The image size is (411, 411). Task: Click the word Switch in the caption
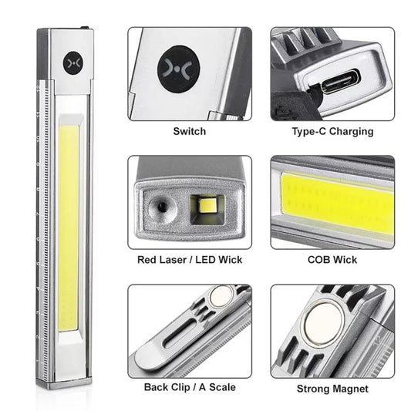[x=190, y=131]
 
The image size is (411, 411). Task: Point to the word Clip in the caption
[x=181, y=387]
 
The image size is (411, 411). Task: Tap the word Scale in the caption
[x=222, y=387]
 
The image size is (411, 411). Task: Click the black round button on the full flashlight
[x=73, y=63]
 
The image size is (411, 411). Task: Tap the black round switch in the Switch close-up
[x=178, y=69]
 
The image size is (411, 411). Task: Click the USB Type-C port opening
[x=341, y=81]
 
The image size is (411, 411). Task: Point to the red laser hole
[x=161, y=208]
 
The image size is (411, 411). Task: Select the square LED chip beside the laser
[x=207, y=206]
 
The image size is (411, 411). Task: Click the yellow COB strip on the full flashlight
[x=69, y=228]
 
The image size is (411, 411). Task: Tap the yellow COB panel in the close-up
[x=338, y=202]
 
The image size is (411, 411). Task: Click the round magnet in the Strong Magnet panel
[x=324, y=323]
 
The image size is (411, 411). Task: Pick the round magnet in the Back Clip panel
[x=221, y=296]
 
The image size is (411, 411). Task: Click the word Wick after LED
[x=231, y=260]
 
